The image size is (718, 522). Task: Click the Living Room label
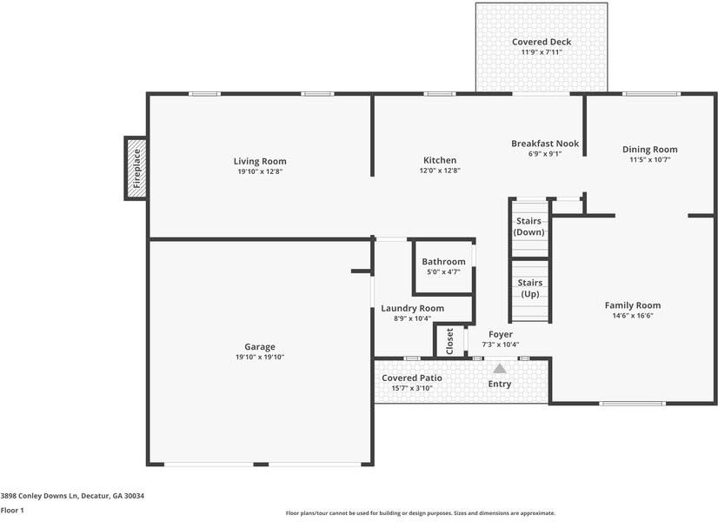[259, 161]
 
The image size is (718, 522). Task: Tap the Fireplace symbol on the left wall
[136, 168]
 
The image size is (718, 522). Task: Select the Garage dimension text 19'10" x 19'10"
[259, 357]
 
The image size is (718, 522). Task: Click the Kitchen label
[440, 160]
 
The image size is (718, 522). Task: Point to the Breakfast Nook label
[544, 144]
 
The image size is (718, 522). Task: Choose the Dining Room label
[649, 149]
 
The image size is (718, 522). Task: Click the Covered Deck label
[541, 42]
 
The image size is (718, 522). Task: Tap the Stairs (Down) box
[529, 227]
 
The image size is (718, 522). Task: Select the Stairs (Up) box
[529, 289]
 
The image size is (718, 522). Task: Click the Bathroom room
[443, 266]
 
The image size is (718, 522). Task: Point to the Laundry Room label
[412, 308]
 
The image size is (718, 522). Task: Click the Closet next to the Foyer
[449, 340]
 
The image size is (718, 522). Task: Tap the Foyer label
[500, 334]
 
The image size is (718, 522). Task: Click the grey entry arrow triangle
[500, 368]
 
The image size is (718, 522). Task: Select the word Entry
[500, 384]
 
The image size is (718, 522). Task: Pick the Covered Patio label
[412, 378]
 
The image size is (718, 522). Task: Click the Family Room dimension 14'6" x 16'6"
[632, 316]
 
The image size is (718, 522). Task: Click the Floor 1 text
[12, 510]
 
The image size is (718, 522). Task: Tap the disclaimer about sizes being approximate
[420, 513]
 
